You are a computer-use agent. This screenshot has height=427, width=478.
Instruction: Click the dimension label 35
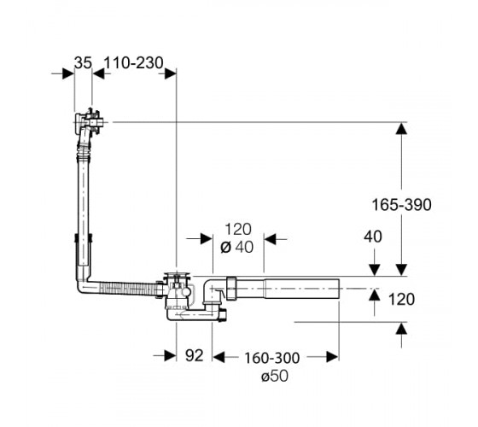pos(83,63)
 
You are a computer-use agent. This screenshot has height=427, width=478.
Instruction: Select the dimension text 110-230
pos(133,63)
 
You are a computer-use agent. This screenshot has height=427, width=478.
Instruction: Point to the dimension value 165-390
pos(401,205)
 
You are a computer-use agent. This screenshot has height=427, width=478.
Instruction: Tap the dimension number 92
pos(195,355)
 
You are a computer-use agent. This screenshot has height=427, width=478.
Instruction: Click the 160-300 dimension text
pos(272,358)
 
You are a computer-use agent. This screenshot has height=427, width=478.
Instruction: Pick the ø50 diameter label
pos(274,377)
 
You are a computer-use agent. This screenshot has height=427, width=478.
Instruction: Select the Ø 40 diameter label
pos(237,247)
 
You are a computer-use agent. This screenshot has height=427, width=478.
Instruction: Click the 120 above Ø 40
pos(238,230)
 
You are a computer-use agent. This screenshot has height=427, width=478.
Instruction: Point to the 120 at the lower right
pos(401,299)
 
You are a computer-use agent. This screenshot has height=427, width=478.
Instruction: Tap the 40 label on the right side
pos(372,237)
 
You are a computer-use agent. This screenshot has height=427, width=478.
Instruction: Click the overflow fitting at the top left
pos(89,122)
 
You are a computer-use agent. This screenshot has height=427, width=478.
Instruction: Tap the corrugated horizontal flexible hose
pos(129,289)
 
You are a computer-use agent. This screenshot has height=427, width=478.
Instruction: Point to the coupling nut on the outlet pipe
pos(232,289)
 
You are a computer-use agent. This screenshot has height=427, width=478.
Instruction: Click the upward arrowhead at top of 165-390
pos(401,128)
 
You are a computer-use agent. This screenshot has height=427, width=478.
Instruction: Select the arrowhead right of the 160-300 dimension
pos(332,357)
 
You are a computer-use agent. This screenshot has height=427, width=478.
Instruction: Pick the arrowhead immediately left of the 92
pos(170,355)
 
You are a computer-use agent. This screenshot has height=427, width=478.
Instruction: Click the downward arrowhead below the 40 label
pos(375,270)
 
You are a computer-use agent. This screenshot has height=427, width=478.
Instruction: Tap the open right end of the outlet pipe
pos(339,289)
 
